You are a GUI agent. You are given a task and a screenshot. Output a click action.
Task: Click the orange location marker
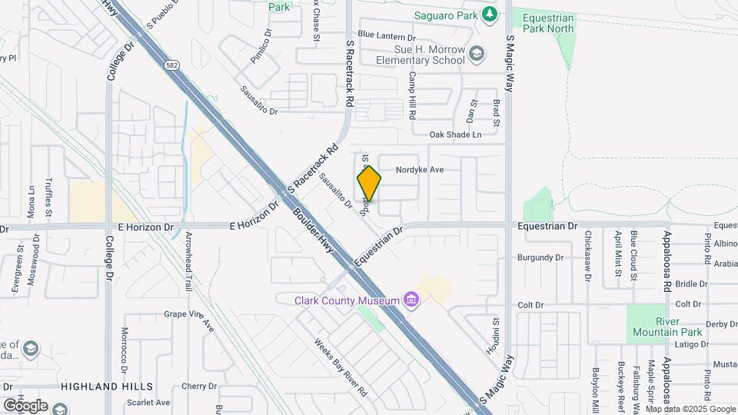[x=369, y=184]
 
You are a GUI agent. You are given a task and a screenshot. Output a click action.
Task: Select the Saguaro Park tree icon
[x=489, y=14]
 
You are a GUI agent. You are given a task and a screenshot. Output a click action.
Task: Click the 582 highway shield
[x=170, y=67]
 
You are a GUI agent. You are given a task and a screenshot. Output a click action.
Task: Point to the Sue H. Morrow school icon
[x=477, y=53]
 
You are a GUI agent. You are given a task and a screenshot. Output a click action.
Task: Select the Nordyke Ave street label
[x=420, y=170]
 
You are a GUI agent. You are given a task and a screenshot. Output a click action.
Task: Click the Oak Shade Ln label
[x=455, y=134]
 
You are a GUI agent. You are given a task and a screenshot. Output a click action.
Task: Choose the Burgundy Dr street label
[x=540, y=257]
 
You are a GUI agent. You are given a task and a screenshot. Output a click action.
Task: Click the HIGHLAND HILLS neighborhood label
[x=107, y=386]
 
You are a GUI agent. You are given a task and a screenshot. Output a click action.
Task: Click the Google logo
[x=25, y=405]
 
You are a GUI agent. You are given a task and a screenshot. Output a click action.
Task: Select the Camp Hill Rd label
[x=412, y=95]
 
